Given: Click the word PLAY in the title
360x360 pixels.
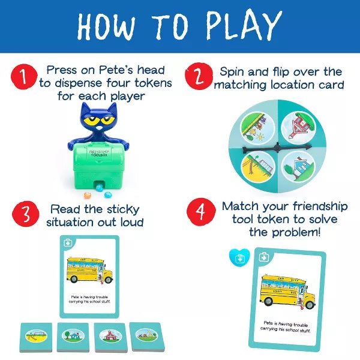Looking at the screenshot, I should coord(237,26).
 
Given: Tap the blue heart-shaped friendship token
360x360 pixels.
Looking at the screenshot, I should coord(239,257).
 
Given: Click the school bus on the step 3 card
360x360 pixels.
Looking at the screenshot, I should coord(89,270).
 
